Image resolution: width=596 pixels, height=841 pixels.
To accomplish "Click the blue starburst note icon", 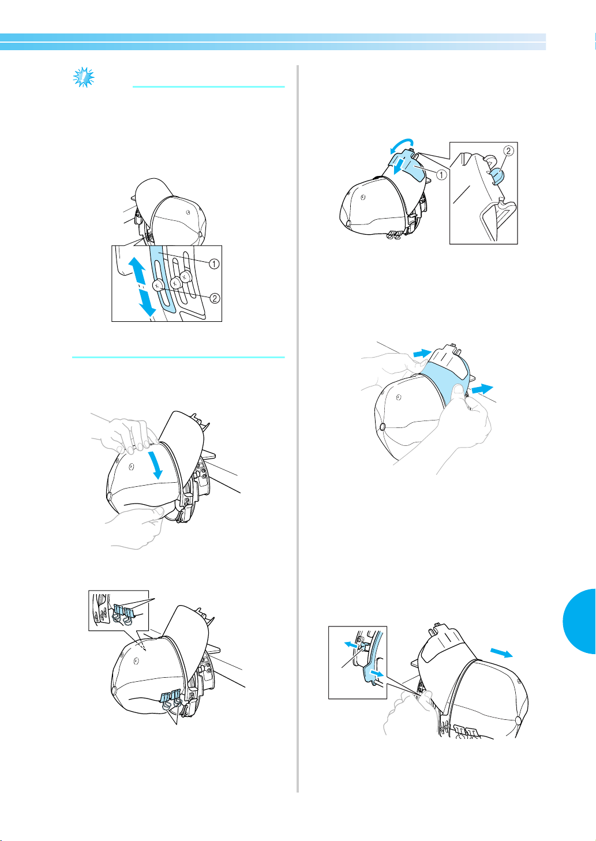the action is pyautogui.click(x=84, y=77).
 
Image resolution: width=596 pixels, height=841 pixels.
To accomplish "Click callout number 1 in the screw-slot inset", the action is pyautogui.click(x=213, y=264).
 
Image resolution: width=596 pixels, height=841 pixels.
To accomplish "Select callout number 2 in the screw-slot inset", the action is pyautogui.click(x=215, y=298).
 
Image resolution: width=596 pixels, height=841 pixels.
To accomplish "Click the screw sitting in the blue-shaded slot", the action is pyautogui.click(x=158, y=286).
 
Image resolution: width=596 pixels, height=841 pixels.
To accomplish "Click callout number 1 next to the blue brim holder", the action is pyautogui.click(x=441, y=175).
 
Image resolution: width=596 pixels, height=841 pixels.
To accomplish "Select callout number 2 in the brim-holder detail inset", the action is pyautogui.click(x=508, y=151).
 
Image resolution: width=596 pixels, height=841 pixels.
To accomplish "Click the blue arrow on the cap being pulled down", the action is pyautogui.click(x=156, y=465).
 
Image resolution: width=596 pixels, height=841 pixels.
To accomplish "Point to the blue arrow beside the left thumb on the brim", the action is pyautogui.click(x=422, y=353).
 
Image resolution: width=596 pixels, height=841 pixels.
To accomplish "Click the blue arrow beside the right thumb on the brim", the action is pyautogui.click(x=482, y=389).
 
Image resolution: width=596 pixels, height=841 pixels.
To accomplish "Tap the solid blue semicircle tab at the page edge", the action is pyautogui.click(x=579, y=621).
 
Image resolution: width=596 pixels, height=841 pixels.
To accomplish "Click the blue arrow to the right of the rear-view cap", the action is pyautogui.click(x=502, y=652).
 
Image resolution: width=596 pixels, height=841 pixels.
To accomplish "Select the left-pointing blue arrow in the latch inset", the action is pyautogui.click(x=351, y=645).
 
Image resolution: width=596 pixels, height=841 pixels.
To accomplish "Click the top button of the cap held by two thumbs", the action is pyautogui.click(x=383, y=426).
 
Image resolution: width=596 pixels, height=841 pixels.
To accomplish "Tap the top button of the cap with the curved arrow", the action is pyautogui.click(x=348, y=223).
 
